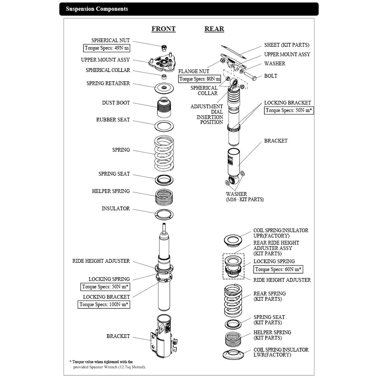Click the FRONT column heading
[164, 29]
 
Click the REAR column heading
[214, 29]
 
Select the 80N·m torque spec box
[199, 79]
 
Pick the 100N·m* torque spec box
[104, 305]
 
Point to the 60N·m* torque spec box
[278, 269]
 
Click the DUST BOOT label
[116, 103]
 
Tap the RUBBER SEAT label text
[113, 120]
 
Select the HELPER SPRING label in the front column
[111, 191]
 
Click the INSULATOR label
[116, 209]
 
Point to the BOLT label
[271, 76]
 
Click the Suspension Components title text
[97, 9]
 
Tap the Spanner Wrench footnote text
[109, 367]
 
